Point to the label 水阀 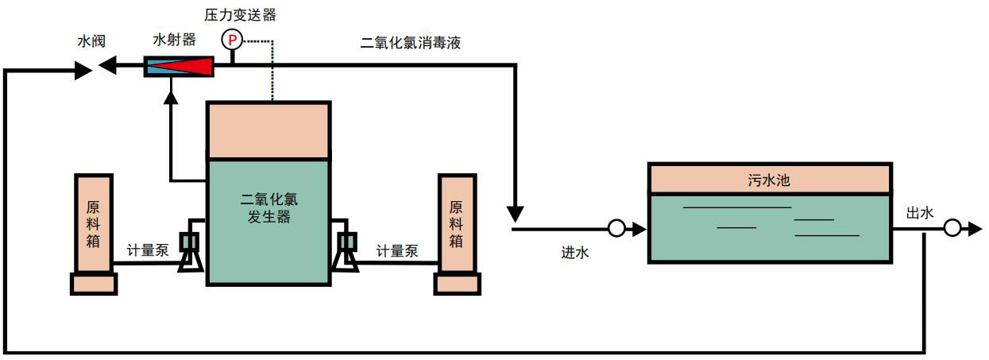click(x=91, y=41)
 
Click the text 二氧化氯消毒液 click(x=410, y=43)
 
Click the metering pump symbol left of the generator click(x=191, y=250)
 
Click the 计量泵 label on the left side click(x=149, y=250)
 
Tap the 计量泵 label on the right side click(x=397, y=250)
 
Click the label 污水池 click(x=769, y=180)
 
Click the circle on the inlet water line click(x=616, y=230)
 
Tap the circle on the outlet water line click(x=953, y=229)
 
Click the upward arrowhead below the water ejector click(x=169, y=97)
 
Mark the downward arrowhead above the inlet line click(x=516, y=213)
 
